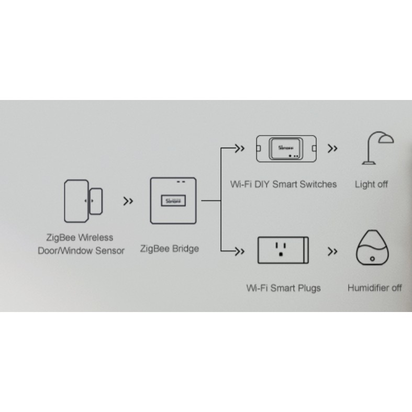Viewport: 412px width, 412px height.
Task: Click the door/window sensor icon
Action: [82, 201]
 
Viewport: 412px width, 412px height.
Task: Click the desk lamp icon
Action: [377, 149]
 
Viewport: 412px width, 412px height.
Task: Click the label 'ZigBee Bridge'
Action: [170, 249]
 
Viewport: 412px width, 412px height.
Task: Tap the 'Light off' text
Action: [371, 184]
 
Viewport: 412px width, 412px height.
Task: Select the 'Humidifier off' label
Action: [375, 288]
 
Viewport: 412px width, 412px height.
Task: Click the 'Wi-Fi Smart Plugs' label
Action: [283, 288]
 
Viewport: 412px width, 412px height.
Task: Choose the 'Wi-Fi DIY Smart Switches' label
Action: [283, 184]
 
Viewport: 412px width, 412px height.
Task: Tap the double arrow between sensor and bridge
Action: [127, 201]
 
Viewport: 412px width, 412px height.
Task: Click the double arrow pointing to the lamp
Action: [332, 148]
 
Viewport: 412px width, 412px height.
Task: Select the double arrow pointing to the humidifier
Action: [332, 252]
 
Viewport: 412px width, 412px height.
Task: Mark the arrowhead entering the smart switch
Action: [240, 148]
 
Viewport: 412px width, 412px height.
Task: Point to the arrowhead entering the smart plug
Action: [240, 252]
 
